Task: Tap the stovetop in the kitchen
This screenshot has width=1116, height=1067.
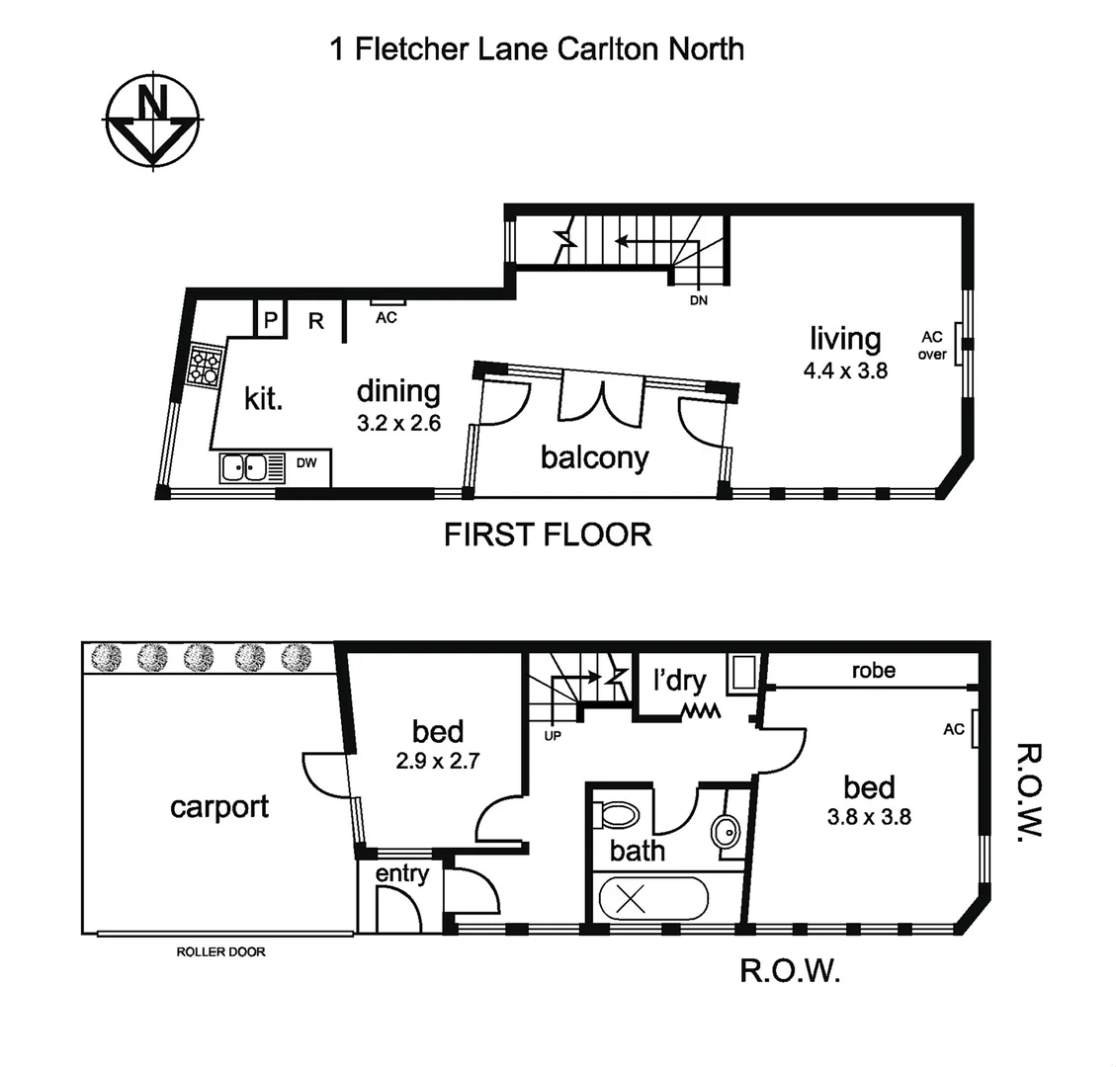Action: (206, 367)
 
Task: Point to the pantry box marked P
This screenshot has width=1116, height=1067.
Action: (270, 320)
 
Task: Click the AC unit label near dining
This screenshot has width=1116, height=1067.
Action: (386, 318)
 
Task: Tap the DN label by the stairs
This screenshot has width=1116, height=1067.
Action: (698, 300)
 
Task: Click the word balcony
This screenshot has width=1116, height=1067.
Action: (594, 457)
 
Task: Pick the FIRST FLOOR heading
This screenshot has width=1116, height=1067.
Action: (548, 534)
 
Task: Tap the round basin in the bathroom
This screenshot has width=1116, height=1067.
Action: (726, 831)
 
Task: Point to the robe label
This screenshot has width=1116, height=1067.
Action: (874, 671)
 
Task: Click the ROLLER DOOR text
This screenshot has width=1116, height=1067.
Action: (220, 952)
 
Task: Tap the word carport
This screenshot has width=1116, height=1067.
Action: (218, 806)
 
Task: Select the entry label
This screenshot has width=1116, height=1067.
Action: (402, 873)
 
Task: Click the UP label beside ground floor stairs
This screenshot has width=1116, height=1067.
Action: (552, 735)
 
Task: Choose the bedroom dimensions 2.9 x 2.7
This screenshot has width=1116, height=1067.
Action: (438, 762)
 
